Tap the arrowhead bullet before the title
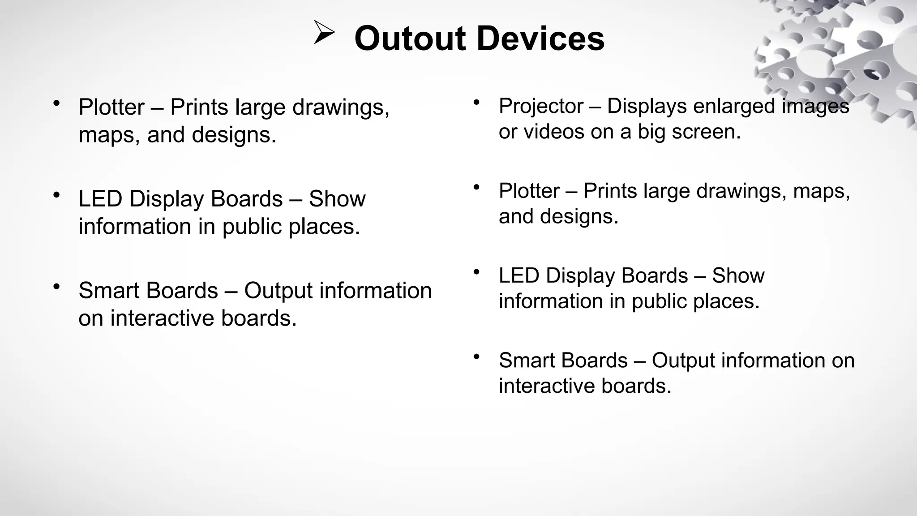click(x=324, y=33)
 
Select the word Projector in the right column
click(x=540, y=107)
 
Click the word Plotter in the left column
click(x=111, y=107)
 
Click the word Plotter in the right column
click(x=529, y=191)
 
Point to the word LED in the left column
click(x=100, y=199)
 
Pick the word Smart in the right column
click(x=525, y=361)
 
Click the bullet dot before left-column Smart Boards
click(x=56, y=286)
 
